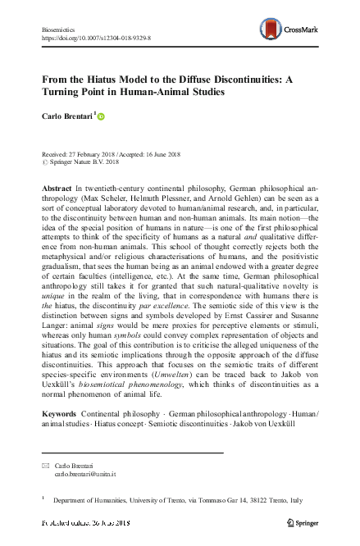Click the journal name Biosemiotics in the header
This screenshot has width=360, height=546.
(57, 29)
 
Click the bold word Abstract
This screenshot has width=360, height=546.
(56, 189)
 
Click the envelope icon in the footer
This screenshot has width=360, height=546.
(45, 465)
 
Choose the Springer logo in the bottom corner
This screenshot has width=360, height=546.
(304, 522)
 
